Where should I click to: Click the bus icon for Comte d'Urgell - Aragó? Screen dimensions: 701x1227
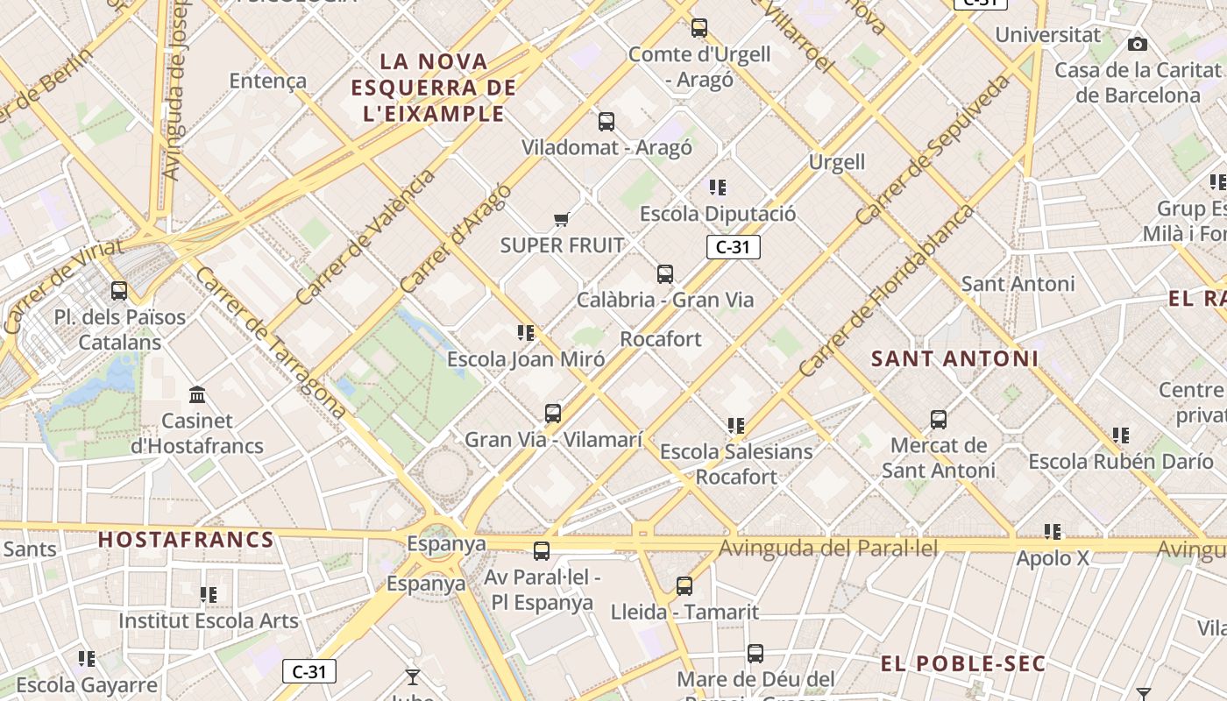(699, 28)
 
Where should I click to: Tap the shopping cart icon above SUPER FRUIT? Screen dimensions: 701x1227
(561, 219)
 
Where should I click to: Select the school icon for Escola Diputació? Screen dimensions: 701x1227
(718, 188)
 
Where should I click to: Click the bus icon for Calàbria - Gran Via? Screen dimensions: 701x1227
(665, 274)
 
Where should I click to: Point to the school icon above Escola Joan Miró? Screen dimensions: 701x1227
(526, 333)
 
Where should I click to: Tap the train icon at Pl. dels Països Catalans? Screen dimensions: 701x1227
(119, 291)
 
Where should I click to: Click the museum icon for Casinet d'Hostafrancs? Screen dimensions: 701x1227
(197, 395)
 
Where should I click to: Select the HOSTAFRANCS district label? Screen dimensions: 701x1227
(186, 540)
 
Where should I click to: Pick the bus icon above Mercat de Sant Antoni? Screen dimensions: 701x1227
(939, 420)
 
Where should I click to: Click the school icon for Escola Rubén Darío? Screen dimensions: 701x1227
(1121, 435)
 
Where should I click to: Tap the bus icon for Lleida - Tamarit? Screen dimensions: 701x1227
(684, 586)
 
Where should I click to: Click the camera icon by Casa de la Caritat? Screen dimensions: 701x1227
(1138, 45)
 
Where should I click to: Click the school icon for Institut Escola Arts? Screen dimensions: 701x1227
(209, 595)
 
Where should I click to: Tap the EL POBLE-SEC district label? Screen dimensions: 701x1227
(963, 663)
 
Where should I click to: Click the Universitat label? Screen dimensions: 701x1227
(1047, 36)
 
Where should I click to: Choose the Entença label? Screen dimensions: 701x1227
(268, 81)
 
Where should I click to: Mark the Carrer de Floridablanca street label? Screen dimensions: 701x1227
(886, 291)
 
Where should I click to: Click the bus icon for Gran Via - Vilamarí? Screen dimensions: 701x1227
(553, 414)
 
